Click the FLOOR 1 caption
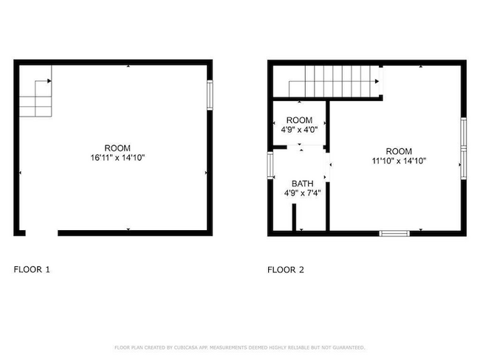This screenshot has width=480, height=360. [x=32, y=270]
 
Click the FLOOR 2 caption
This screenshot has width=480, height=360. [x=285, y=270]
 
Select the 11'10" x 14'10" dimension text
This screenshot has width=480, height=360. [x=398, y=161]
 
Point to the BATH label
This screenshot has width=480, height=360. [x=302, y=184]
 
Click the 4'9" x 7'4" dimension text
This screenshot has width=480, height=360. [x=302, y=193]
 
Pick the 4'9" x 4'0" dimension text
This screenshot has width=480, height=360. [x=299, y=130]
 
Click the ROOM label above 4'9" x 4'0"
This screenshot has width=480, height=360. [x=299, y=120]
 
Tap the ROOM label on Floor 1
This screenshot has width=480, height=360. [x=117, y=148]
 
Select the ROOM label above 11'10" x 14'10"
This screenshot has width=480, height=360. [x=398, y=150]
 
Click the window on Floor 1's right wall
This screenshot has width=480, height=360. [x=210, y=95]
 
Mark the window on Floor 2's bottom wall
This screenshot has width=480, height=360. [x=394, y=233]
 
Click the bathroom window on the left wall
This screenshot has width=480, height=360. [x=270, y=165]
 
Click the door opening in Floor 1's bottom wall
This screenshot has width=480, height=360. [x=41, y=233]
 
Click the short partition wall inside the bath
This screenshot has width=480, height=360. [x=293, y=218]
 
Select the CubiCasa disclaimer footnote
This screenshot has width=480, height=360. [x=239, y=347]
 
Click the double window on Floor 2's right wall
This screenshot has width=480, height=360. [x=463, y=148]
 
